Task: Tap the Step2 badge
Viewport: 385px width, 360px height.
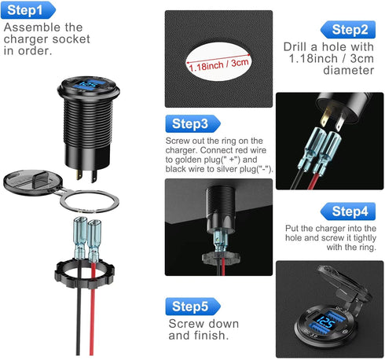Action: (347, 31)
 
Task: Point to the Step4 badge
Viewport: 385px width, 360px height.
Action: (347, 211)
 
